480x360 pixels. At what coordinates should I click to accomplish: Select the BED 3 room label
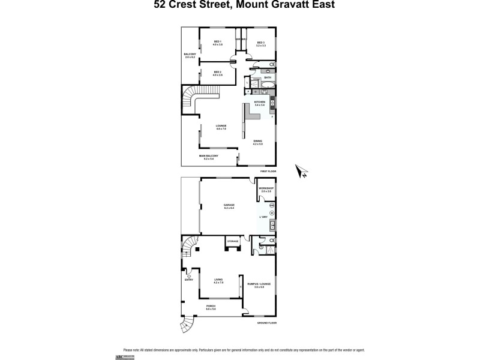click(x=260, y=43)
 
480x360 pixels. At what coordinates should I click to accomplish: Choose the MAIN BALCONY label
click(x=209, y=157)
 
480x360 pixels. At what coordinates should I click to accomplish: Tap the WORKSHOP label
click(x=266, y=189)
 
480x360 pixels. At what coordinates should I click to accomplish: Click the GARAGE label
click(x=229, y=206)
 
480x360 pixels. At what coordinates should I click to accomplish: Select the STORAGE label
click(x=232, y=241)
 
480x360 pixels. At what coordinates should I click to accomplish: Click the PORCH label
click(x=211, y=307)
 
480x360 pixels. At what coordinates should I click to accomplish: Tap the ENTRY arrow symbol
click(x=190, y=271)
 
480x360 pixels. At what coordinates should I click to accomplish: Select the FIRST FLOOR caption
click(x=268, y=172)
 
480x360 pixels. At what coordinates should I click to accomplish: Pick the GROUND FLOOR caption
click(x=266, y=323)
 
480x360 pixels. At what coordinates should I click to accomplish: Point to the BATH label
click(x=268, y=77)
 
